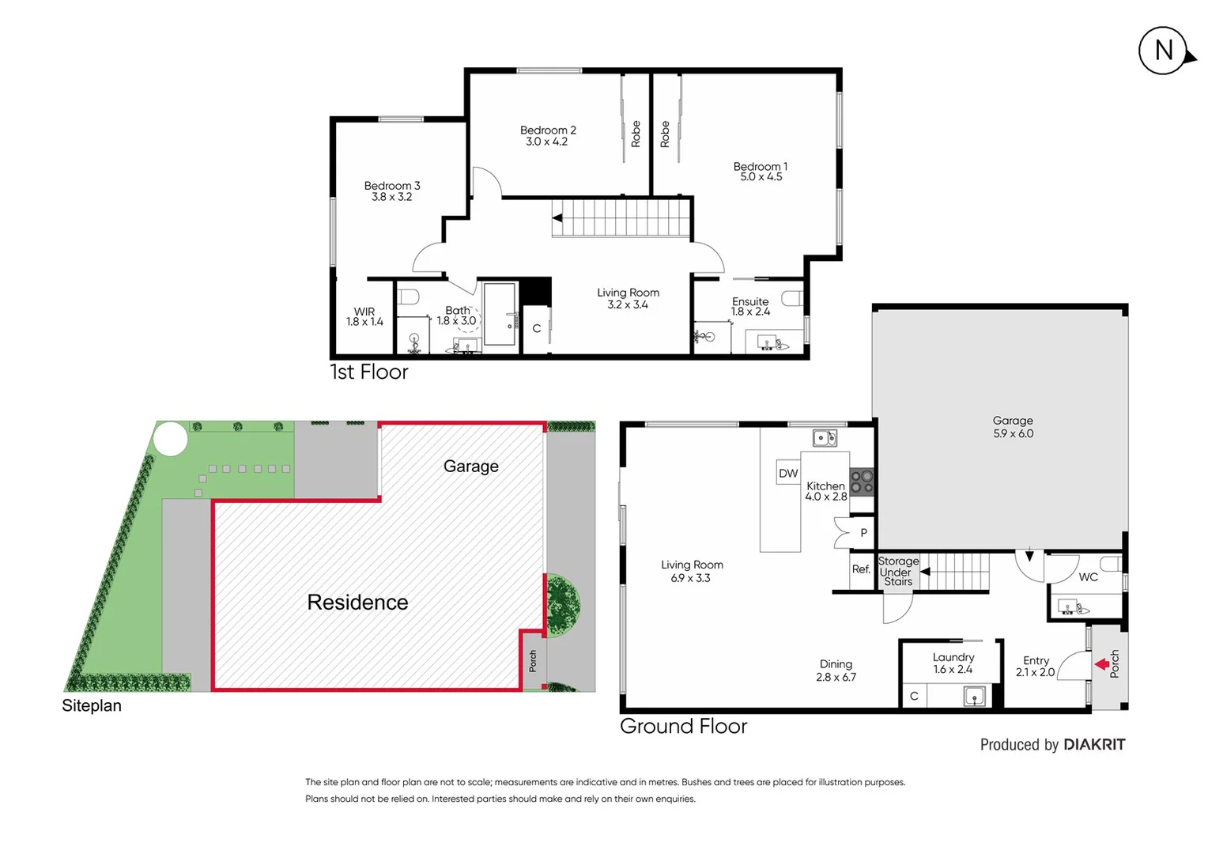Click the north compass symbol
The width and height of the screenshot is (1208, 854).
tap(1164, 51)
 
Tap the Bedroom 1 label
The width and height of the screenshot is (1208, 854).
tap(760, 166)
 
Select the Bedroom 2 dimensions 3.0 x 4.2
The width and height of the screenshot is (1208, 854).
tap(547, 142)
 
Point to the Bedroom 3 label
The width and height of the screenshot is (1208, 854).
tap(392, 186)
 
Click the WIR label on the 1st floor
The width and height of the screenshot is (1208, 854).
tap(364, 312)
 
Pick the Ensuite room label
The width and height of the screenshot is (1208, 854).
tap(750, 301)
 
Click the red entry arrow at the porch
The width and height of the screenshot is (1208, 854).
tap(1101, 664)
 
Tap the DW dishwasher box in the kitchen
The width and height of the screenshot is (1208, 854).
tap(788, 473)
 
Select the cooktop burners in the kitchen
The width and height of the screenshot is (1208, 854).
tap(862, 482)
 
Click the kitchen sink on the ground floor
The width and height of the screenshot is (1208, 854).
tap(825, 437)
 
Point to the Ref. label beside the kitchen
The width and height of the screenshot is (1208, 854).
tap(861, 569)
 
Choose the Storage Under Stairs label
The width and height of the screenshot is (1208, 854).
tap(898, 572)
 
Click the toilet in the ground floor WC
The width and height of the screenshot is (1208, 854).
tap(1111, 564)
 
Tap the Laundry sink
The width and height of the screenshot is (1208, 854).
tap(974, 696)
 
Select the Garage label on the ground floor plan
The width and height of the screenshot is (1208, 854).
tap(1013, 421)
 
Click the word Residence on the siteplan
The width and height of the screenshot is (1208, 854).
tap(357, 603)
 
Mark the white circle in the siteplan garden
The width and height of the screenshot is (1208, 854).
tap(170, 438)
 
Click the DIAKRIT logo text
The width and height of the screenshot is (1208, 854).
tap(1094, 744)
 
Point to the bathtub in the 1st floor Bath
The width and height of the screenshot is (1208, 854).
tap(500, 314)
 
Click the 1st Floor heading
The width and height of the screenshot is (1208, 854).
tap(369, 372)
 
